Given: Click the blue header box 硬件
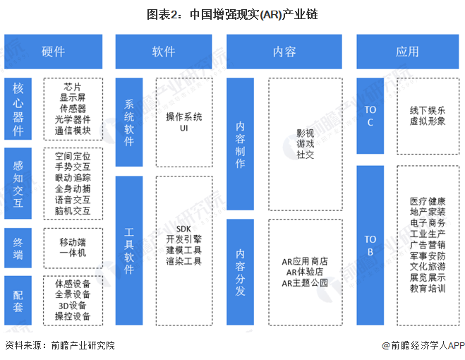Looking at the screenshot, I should coord(54,52).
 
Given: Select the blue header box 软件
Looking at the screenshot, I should coord(164,52).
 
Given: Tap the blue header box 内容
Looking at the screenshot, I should coord(284,52).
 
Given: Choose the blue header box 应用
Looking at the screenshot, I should coord(407,52).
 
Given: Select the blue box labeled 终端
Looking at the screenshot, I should coord(18,247).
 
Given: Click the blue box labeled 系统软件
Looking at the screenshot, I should coord(129,121).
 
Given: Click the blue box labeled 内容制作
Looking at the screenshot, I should coord(241,143).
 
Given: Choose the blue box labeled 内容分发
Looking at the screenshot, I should coord(241,271).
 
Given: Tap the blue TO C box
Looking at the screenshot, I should coord(370,116).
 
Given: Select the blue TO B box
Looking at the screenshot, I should coord(370,244).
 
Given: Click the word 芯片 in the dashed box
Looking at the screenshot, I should coord(73,87).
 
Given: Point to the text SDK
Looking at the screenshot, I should coord(184,229).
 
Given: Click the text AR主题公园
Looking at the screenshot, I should coord(305,283).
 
